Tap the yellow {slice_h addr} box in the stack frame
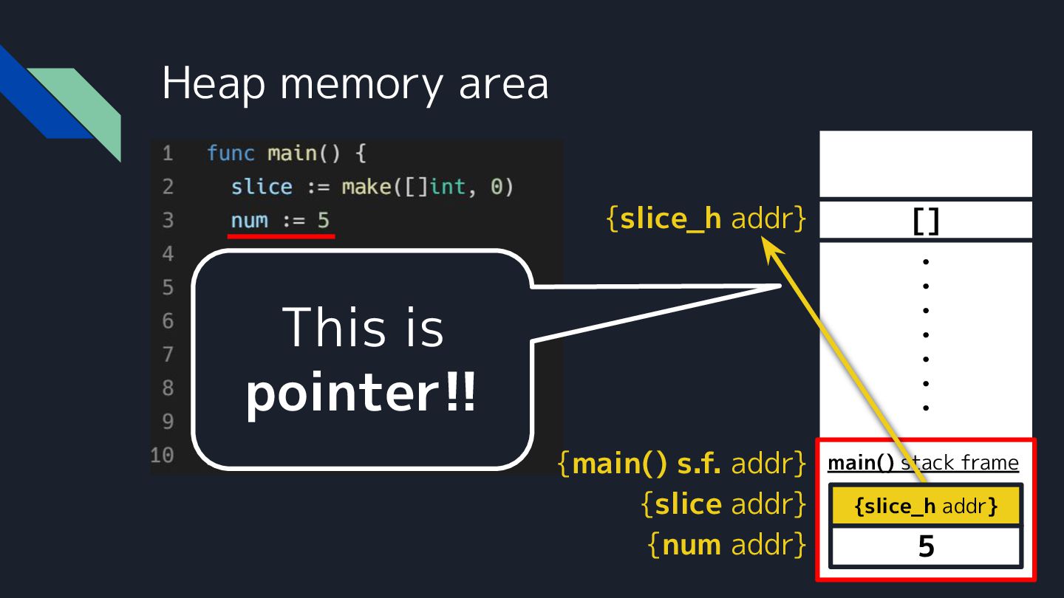[926, 506]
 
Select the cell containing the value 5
[926, 547]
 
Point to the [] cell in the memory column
[926, 220]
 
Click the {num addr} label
[727, 545]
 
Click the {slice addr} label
[723, 504]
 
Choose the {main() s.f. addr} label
[682, 464]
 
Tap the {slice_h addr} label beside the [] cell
[706, 219]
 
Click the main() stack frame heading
[923, 463]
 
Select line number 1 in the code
[168, 154]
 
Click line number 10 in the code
[162, 455]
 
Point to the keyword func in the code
[231, 154]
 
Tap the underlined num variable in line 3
[250, 220]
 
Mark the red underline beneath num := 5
[281, 237]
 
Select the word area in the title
[503, 83]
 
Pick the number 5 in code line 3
[324, 220]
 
